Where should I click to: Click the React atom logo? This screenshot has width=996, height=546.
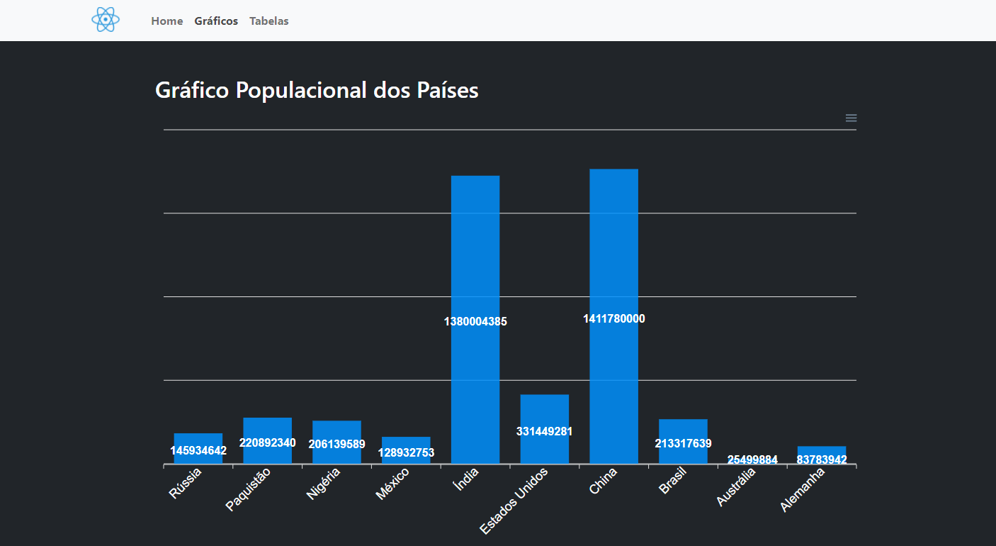(106, 20)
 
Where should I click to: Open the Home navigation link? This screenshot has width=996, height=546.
(167, 21)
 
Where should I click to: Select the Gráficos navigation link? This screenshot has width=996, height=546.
(216, 21)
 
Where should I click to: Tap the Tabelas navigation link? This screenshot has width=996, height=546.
(269, 21)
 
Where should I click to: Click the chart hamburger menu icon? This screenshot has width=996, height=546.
(851, 118)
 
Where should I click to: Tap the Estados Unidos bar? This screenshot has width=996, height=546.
(544, 411)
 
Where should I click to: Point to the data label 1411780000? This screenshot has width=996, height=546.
(613, 318)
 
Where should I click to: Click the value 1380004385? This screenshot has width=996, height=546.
(475, 321)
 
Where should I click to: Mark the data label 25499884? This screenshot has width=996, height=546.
(752, 459)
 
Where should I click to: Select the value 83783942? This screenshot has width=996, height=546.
(822, 459)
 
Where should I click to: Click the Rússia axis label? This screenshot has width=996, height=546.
(186, 483)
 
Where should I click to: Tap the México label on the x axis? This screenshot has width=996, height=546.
(392, 484)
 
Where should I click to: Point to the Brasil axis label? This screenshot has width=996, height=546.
(672, 481)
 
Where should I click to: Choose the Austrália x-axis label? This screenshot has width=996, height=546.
(735, 487)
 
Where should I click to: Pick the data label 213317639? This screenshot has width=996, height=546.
(683, 443)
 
